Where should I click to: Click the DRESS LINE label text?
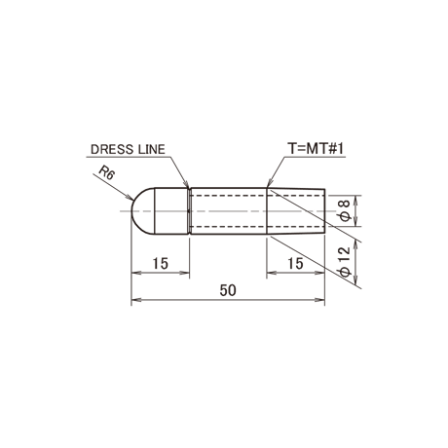coord(128,149)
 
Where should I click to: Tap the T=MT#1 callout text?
coord(316,149)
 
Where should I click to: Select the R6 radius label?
coord(107,172)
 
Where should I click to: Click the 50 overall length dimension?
coord(228,290)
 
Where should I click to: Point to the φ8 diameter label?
coord(346,210)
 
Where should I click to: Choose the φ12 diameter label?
coord(346,262)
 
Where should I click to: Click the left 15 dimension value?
coord(161,263)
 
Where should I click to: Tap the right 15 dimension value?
coord(295,263)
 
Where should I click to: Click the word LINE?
coord(152,149)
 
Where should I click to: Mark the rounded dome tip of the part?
coord(143,210)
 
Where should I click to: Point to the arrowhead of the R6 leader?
coord(131,197)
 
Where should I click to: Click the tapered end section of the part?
coord(296,210)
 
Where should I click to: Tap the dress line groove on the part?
coord(189,210)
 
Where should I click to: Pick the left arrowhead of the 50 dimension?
coord(135,300)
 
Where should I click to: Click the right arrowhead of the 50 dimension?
coord(319,300)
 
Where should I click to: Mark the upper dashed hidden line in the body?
coord(256,196)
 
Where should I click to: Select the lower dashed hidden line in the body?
coord(256,226)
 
